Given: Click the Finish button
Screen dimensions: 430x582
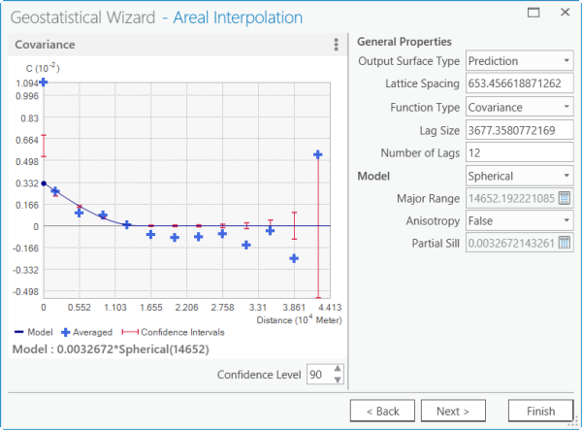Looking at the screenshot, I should coord(533,411).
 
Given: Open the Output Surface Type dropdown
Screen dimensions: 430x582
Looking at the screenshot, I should coord(520,61).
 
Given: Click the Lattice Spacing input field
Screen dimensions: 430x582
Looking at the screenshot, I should coord(520,84).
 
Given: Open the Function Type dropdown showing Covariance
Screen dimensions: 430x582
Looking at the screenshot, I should coord(520,107).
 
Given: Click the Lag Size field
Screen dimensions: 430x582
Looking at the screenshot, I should coord(520,130).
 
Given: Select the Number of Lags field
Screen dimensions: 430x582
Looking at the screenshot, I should coord(520,152).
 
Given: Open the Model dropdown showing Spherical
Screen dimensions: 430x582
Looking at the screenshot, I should coord(520,176).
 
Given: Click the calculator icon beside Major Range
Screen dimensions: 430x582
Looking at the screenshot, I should coord(565,199).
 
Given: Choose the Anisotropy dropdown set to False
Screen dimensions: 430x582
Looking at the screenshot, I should coord(520,221).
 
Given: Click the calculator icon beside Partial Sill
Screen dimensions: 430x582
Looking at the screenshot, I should coord(565,244).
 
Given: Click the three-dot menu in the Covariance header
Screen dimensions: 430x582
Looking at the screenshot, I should coord(336,45).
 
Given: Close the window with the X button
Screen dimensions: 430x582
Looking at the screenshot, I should coord(565,14).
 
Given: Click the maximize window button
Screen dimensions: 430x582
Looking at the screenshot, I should coord(533,14).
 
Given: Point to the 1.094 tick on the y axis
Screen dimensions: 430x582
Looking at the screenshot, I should coord(26,84).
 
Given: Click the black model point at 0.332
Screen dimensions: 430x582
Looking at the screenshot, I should coord(45,182).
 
